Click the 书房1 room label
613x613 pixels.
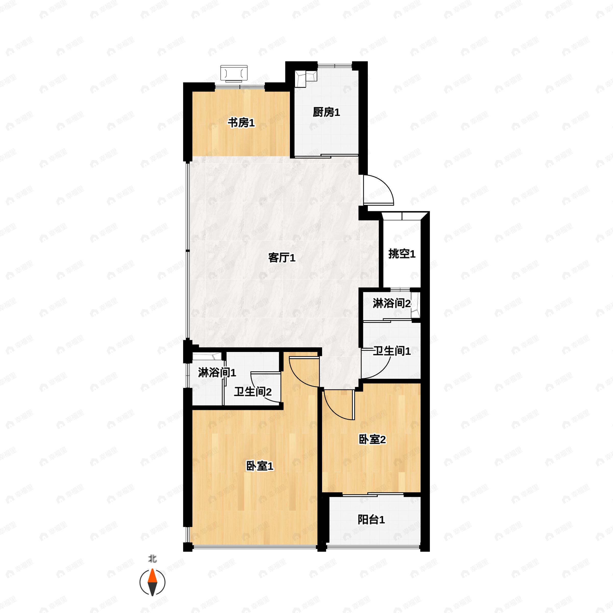pyautogui.click(x=241, y=123)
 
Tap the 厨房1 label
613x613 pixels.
pyautogui.click(x=326, y=112)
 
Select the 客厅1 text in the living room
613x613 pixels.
pyautogui.click(x=282, y=258)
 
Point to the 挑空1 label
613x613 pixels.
pyautogui.click(x=402, y=254)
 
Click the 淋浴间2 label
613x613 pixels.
pyautogui.click(x=393, y=303)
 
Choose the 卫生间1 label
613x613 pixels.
pyautogui.click(x=392, y=351)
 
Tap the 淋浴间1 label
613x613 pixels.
pyautogui.click(x=217, y=372)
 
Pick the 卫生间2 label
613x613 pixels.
pyautogui.click(x=253, y=392)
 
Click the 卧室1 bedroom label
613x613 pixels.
pyautogui.click(x=260, y=466)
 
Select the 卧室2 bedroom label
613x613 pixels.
pyautogui.click(x=372, y=439)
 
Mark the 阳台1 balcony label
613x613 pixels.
pyautogui.click(x=371, y=520)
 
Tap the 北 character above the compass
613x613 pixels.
pyautogui.click(x=153, y=559)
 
